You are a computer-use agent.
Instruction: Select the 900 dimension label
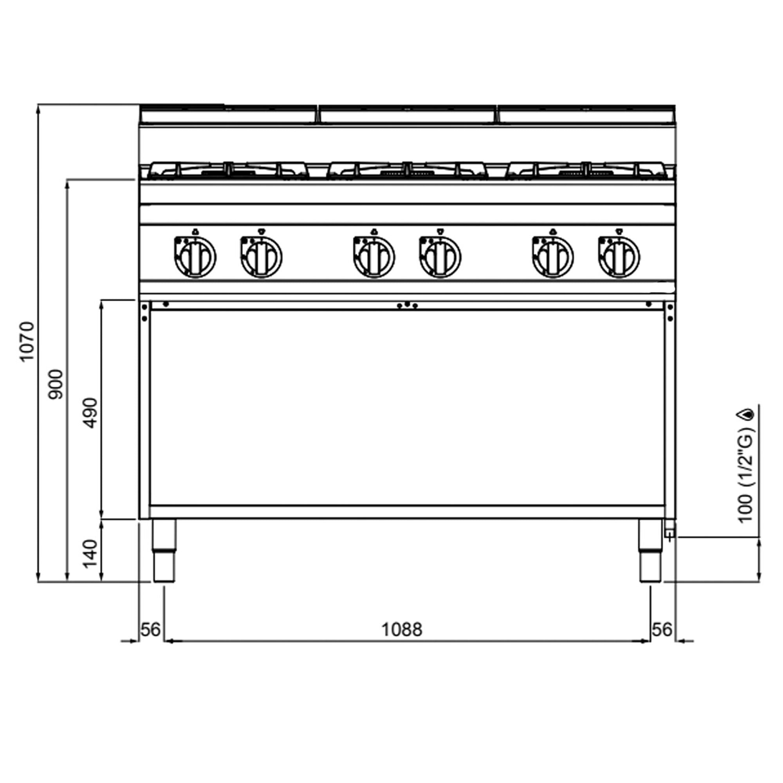tap(56, 384)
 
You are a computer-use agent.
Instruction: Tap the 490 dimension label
tap(91, 413)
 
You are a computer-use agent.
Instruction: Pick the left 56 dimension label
tap(151, 630)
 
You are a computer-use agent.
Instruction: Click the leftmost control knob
tap(195, 257)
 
